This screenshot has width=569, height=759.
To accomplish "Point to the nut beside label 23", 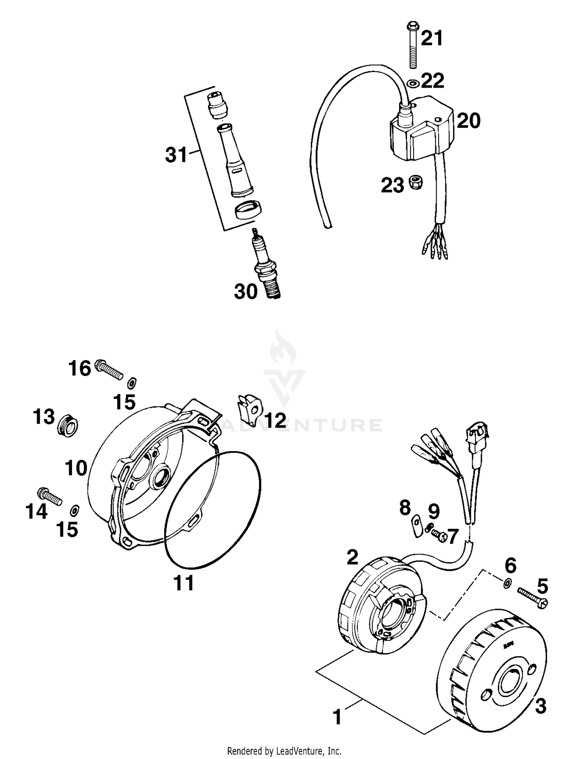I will pos(416,183).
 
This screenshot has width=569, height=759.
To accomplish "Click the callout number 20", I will pos(468,121).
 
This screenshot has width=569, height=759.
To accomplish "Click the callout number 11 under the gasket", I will pos(184,583).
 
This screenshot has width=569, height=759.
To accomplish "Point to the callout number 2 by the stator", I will pos(352,557).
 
